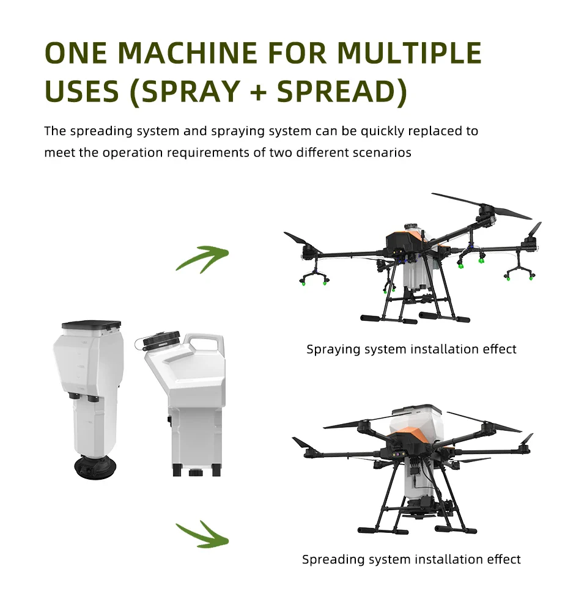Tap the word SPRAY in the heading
pos(191,92)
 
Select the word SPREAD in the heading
pos(338,92)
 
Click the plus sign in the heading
pos(259,93)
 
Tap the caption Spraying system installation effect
pos(412,349)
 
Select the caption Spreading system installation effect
pos(412,559)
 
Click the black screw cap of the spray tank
pos(161,340)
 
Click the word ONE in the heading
pos(76,53)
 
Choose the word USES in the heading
pos(81,92)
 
